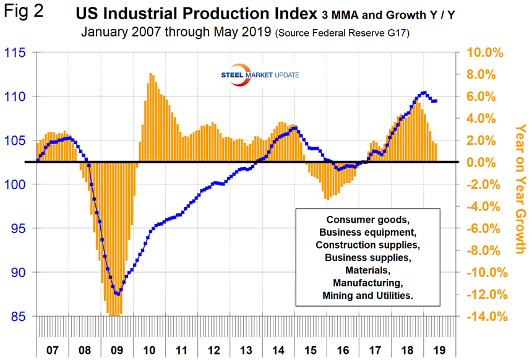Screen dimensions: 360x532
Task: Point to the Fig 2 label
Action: coord(24,12)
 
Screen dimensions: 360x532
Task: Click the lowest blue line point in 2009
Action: coord(117,294)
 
